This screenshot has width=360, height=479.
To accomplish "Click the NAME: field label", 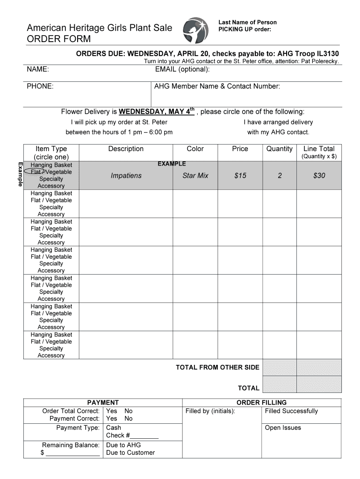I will click(38, 70).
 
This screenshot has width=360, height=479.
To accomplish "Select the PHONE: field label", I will click(40, 87).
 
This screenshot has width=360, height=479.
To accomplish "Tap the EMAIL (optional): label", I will click(182, 70).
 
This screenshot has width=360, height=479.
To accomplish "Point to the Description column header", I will click(126, 149).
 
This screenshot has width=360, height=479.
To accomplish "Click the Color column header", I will click(195, 149).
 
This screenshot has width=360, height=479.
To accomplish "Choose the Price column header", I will click(240, 149).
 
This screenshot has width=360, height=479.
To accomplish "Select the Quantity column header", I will click(279, 149).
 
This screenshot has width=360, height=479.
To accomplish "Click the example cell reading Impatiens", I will click(126, 176).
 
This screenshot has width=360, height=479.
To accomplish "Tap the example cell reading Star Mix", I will click(195, 176).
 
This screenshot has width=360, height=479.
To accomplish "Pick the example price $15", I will click(240, 176).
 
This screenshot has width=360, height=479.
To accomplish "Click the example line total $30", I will click(319, 176).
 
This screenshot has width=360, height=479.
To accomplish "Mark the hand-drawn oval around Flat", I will click(36, 172).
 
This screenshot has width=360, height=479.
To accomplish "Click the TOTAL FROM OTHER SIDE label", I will click(217, 368).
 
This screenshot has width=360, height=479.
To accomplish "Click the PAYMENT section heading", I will click(103, 403).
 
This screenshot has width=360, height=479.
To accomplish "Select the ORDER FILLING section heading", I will click(261, 403).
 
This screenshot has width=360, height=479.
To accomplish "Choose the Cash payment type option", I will click(114, 428).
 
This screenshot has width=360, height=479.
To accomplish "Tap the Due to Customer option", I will click(130, 453).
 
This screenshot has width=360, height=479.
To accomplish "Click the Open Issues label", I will click(283, 428).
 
